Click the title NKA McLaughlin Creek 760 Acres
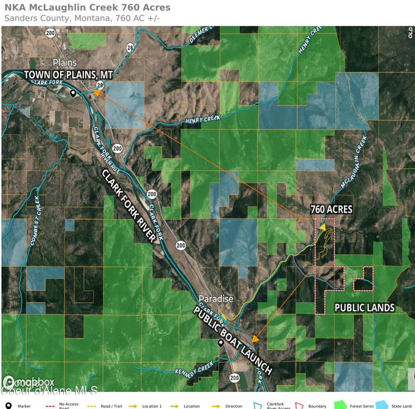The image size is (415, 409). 88,7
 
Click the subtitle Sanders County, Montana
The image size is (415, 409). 82,18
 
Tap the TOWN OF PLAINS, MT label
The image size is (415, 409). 68,75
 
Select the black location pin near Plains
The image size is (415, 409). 73,93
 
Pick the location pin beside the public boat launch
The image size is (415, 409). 220,343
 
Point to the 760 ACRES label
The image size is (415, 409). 331,209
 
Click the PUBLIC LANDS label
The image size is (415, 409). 364,308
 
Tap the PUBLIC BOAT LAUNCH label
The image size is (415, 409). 233,341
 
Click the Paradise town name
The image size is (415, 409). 216,299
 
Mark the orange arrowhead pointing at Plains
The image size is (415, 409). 97,92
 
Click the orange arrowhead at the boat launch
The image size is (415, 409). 255,339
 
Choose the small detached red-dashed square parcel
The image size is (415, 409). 364,278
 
